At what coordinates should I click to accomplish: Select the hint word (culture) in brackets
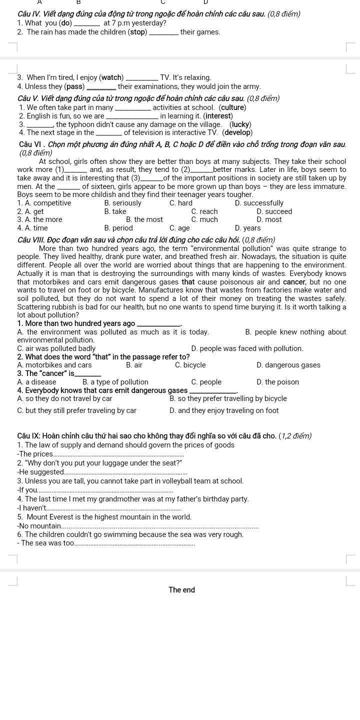click(232, 107)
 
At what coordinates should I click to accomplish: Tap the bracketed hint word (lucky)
click(240, 124)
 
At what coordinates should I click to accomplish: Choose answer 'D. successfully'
click(259, 203)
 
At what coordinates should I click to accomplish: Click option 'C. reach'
click(204, 211)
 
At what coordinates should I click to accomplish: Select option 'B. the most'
click(144, 219)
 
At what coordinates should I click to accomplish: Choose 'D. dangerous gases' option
click(288, 365)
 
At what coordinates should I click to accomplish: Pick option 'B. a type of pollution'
click(115, 382)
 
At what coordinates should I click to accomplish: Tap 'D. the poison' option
click(277, 382)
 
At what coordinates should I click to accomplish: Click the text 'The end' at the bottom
click(181, 590)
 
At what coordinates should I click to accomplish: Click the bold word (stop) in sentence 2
click(138, 32)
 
